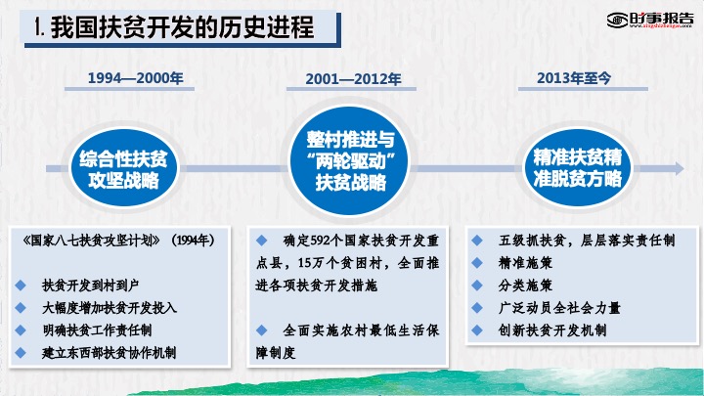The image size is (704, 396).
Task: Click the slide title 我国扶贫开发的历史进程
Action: [x=182, y=27]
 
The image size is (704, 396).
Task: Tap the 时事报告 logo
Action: [x=649, y=20]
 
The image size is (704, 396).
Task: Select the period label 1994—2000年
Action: [x=135, y=78]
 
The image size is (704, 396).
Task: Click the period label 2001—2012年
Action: [x=353, y=79]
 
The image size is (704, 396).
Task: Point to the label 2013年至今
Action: [x=574, y=78]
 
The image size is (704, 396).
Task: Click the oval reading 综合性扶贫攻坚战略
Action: [x=124, y=168]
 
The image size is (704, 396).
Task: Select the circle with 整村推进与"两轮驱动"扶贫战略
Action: [x=350, y=160]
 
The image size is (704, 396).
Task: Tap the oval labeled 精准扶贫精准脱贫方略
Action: [x=578, y=167]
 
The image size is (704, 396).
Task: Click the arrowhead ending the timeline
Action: [x=679, y=168]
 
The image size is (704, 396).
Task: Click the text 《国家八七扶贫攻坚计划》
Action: [x=91, y=241]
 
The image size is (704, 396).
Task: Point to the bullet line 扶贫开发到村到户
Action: [x=90, y=286]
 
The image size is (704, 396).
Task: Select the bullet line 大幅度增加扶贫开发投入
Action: [x=110, y=308]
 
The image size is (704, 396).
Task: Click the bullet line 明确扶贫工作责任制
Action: [x=97, y=330]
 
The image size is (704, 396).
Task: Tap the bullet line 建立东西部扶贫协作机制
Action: [x=109, y=352]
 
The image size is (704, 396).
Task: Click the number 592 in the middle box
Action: [x=320, y=241]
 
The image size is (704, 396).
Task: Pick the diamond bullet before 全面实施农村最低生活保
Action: [x=262, y=330]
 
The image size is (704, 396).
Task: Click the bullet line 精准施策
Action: [x=525, y=263]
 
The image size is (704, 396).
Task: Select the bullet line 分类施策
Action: [x=525, y=286]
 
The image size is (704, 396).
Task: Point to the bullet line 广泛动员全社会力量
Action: [x=559, y=308]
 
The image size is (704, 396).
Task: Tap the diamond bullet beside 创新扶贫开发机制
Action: [x=477, y=330]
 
